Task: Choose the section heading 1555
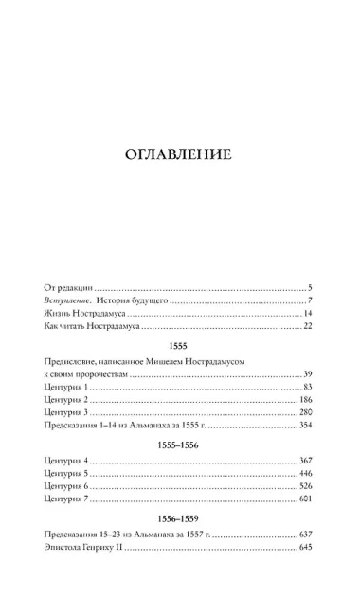pyautogui.click(x=179, y=348)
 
